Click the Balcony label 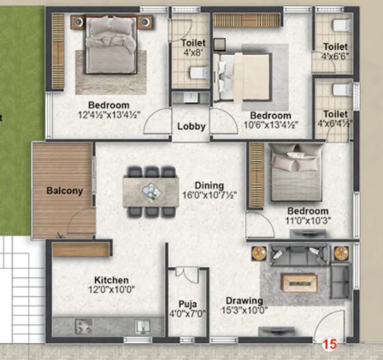point(64,191)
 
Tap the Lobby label point(191,126)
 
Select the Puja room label point(187,305)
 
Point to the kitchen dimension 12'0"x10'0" point(111,290)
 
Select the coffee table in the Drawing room point(299,283)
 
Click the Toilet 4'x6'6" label point(335,51)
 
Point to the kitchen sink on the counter point(142,327)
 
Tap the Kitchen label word point(111,280)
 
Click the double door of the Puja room point(187,275)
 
